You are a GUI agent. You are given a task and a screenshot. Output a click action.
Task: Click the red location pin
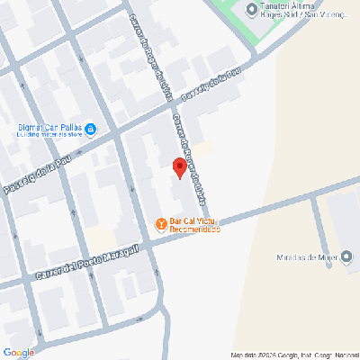177,168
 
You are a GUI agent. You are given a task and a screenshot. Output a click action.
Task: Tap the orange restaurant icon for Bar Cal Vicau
160,223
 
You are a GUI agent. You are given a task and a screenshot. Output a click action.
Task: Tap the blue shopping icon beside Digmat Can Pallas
91,129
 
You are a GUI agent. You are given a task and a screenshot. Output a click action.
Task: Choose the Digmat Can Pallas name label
49,128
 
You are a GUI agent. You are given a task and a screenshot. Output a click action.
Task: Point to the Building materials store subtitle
49,137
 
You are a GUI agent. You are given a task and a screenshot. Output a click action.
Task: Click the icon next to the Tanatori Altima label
251,9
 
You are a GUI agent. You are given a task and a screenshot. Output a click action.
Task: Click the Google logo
19,352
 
